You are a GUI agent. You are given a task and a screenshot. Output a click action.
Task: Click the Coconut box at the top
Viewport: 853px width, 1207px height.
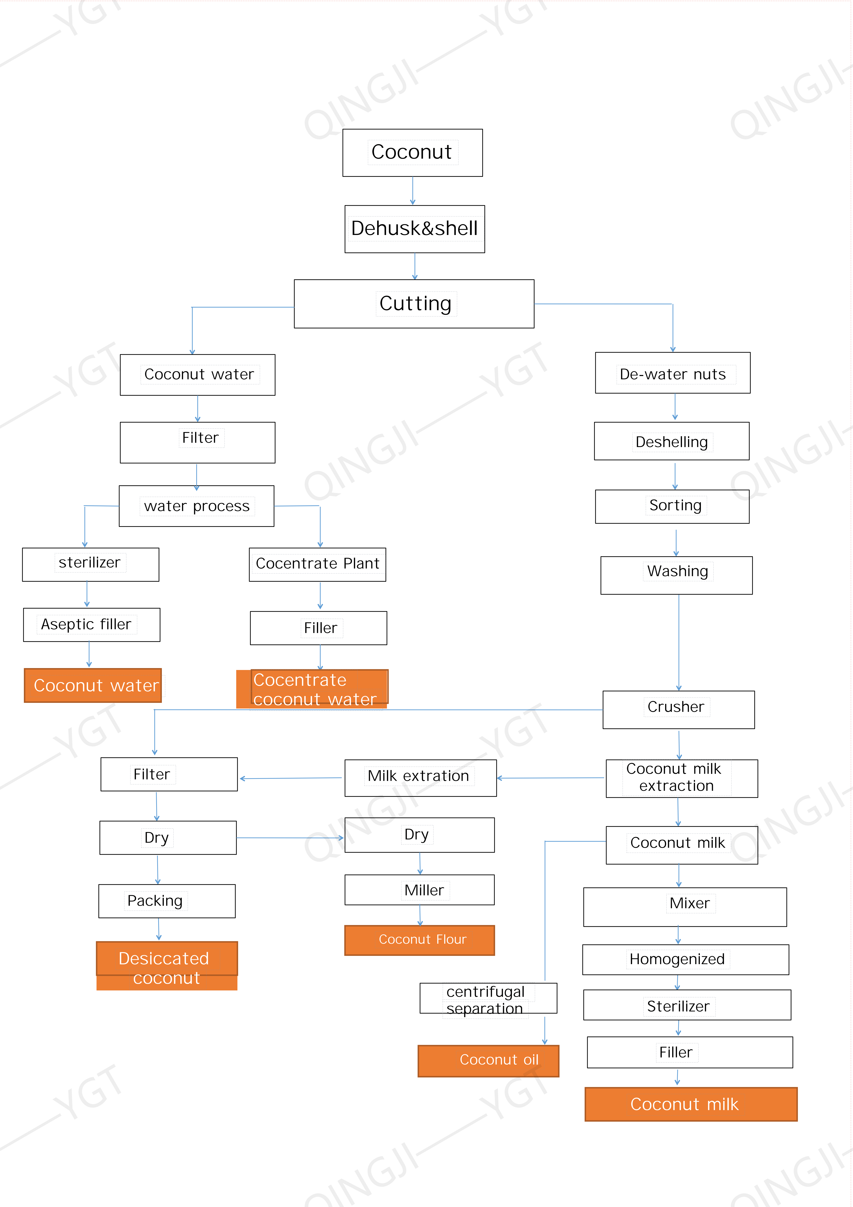(x=412, y=152)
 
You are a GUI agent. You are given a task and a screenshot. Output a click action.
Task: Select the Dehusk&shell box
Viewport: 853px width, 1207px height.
(x=414, y=229)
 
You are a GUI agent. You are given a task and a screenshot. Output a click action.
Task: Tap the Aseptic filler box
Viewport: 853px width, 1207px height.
(x=92, y=625)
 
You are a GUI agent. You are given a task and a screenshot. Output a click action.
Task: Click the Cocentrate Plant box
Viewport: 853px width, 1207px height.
(x=317, y=564)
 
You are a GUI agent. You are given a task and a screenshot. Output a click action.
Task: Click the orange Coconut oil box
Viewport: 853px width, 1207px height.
(x=488, y=1060)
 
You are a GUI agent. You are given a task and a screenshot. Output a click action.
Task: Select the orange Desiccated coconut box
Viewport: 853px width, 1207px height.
(x=167, y=965)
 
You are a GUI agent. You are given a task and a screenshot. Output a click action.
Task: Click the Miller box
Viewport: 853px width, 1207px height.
(x=419, y=889)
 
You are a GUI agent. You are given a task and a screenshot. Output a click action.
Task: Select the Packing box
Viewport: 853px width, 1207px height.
(x=167, y=900)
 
